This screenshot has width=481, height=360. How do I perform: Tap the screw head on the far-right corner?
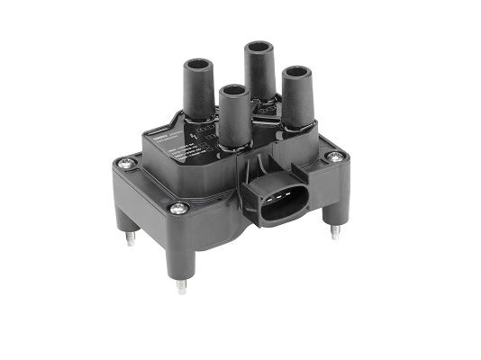336,157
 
